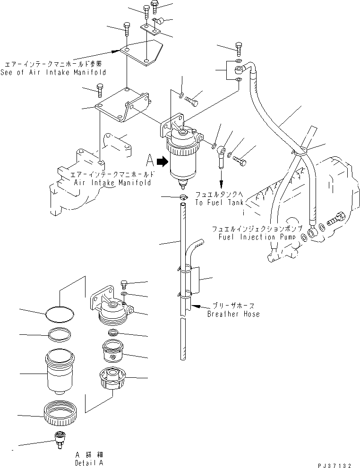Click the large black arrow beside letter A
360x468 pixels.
[x=162, y=162]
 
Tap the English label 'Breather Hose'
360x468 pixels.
[x=233, y=314]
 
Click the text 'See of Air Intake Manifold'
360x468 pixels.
[x=53, y=72]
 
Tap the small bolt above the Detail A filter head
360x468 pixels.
[x=124, y=283]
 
